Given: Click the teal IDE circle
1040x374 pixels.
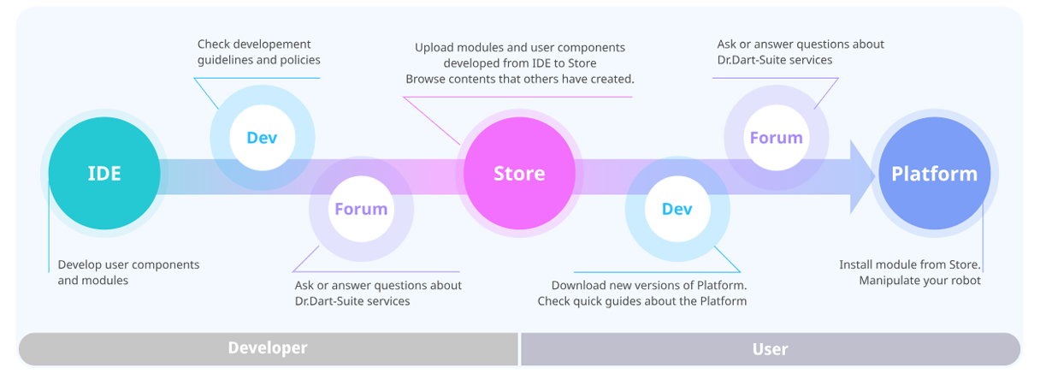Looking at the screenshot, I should coord(103,174).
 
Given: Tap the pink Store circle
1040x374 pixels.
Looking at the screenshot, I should coord(519,173).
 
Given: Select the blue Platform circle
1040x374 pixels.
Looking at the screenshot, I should coord(934,174).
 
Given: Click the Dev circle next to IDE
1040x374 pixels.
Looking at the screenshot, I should coord(262,138).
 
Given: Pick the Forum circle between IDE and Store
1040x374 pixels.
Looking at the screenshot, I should coord(361,209).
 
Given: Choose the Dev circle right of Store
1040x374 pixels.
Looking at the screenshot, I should coord(677,209).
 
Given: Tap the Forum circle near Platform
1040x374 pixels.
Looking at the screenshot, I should coord(776,138).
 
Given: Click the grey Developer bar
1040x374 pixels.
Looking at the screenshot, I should coord(268,348).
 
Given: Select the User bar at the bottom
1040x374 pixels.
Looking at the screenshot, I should coord(770,348).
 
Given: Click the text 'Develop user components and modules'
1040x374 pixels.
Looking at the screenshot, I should coord(128,272).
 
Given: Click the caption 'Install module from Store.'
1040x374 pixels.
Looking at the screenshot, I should coord(909,264).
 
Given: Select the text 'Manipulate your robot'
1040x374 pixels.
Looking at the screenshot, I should coord(919,281).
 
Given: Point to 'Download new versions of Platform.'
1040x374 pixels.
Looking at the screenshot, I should coord(648,285).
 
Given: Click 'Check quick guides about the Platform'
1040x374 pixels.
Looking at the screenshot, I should coord(641,301).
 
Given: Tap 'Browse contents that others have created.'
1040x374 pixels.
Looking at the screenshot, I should coord(519,80).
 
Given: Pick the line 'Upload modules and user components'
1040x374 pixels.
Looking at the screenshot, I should coord(520,48).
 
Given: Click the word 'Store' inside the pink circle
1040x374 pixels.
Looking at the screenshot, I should coord(519,174).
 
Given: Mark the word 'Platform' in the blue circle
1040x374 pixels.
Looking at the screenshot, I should coord(934,174).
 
